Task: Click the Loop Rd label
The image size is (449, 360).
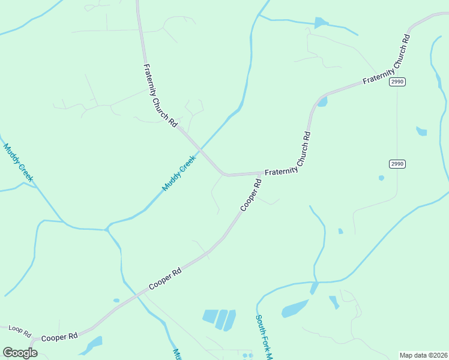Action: [x=19, y=329]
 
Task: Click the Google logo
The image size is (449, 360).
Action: [x=20, y=352]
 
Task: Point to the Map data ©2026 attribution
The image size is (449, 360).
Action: [x=423, y=355]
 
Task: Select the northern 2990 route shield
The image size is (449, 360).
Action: [x=397, y=82]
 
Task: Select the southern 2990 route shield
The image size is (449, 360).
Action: [x=397, y=164]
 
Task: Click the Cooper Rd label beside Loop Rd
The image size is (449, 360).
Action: [x=60, y=337]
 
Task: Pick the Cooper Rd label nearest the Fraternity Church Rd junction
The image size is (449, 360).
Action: [x=252, y=193]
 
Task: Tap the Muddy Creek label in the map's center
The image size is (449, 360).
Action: [x=179, y=173]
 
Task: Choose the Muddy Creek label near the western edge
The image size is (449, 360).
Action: [x=18, y=163]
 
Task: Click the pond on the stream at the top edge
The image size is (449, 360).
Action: [x=321, y=23]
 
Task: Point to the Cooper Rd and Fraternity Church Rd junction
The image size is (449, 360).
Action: [x=261, y=174]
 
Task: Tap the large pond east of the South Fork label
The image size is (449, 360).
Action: [x=295, y=309]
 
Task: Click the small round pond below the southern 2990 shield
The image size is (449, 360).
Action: [x=381, y=178]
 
